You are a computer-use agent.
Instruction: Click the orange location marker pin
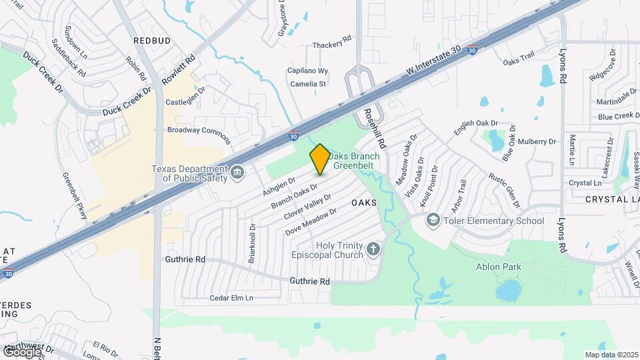click(319, 159)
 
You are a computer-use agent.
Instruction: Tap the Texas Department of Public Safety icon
click(237, 174)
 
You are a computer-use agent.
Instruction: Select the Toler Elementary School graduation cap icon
click(433, 221)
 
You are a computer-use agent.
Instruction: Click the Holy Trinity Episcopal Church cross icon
click(373, 250)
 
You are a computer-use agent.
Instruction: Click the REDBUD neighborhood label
click(152, 41)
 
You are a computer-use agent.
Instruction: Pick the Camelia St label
click(307, 84)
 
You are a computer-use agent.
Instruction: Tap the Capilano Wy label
click(307, 71)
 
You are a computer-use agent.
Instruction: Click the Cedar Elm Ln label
click(232, 298)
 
